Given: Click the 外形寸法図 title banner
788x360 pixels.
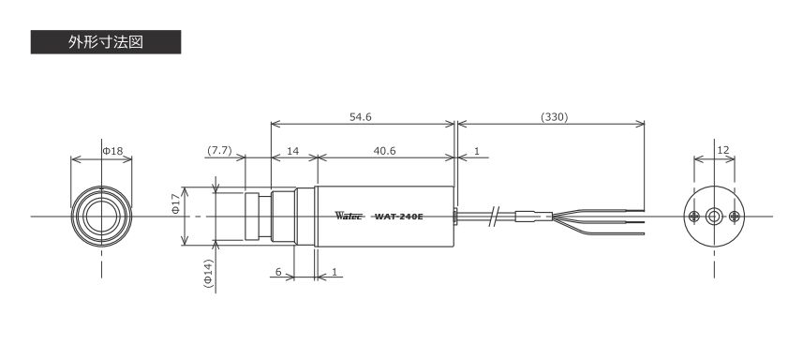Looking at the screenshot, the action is [106, 42].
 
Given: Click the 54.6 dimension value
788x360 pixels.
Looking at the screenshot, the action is [361, 117].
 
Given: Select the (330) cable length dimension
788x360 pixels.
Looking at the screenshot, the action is [555, 117].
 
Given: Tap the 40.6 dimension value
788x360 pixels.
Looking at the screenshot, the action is [384, 151].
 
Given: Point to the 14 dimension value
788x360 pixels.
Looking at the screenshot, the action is [293, 151].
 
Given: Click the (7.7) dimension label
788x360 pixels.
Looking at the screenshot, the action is [219, 151].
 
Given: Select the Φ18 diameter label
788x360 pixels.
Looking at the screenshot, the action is [113, 150].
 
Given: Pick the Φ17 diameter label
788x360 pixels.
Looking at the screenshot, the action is [175, 203].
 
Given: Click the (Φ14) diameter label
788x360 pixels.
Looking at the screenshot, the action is [209, 274].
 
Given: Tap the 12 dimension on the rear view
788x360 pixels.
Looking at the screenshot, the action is [723, 150].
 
